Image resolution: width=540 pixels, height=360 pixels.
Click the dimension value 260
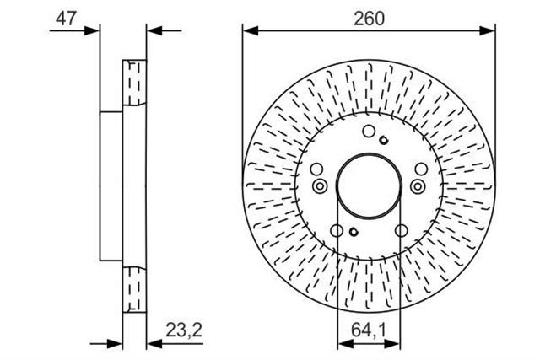pyautogui.click(x=369, y=19)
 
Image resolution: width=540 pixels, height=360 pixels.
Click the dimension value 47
pyautogui.click(x=66, y=19)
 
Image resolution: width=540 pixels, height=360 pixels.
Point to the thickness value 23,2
pyautogui.click(x=184, y=330)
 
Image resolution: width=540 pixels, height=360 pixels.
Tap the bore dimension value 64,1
pyautogui.click(x=369, y=330)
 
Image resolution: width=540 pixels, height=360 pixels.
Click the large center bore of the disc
pyautogui.click(x=369, y=186)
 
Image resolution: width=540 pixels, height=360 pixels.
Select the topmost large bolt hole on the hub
pyautogui.click(x=369, y=132)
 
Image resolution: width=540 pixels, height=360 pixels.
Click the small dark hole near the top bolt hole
pyautogui.click(x=383, y=140)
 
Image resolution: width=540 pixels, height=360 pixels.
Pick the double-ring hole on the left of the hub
pyautogui.click(x=320, y=186)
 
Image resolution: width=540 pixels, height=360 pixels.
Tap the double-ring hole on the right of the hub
pyautogui.click(x=418, y=186)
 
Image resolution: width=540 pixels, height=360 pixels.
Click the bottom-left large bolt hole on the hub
pyautogui.click(x=337, y=231)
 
